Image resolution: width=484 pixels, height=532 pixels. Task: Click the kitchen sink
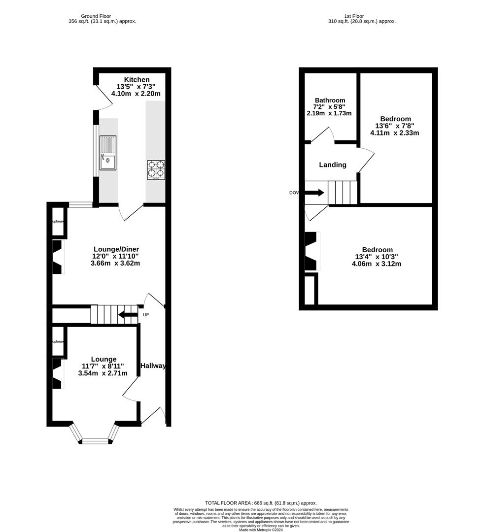coord(108,153)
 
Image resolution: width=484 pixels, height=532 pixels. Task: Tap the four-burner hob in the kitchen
coord(156,170)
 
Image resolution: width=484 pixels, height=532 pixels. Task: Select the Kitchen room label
coord(137,80)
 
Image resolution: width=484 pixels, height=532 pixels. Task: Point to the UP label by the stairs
coord(145,314)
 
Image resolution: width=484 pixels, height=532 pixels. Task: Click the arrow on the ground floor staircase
coord(128,315)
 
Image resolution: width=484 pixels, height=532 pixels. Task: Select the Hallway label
coord(153,366)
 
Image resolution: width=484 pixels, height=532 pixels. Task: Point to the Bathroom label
coord(330,100)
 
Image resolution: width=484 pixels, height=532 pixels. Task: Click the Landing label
coord(333,165)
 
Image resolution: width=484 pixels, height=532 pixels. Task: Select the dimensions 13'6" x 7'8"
coord(395,126)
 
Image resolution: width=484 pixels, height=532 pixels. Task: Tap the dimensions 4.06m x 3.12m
coord(378,264)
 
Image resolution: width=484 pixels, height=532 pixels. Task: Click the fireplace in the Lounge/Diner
coord(58,257)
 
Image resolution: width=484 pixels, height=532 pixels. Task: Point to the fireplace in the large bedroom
coord(312,251)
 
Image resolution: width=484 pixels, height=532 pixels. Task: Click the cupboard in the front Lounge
coord(58,342)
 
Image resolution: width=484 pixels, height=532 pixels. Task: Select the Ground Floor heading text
coord(102,16)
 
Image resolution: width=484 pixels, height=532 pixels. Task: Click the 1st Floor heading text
coord(362,16)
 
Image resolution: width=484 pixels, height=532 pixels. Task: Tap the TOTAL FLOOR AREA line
coord(261,503)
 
